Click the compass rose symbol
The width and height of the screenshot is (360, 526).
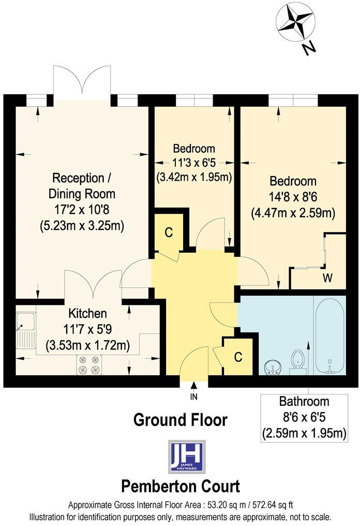296,23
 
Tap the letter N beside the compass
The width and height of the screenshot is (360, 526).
309,49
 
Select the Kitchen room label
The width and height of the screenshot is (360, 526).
87,314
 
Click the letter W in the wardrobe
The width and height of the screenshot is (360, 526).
327,279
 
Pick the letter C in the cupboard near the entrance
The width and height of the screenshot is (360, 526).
238,357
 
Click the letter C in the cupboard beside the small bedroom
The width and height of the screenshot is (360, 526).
168,232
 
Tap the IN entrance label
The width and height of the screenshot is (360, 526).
194,397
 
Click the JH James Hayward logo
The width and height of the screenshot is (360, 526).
187,456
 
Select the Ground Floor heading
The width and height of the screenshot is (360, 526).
180,419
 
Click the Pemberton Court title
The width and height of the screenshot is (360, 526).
181,487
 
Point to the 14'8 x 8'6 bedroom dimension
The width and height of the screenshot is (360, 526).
293,197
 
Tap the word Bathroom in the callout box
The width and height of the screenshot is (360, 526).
304,401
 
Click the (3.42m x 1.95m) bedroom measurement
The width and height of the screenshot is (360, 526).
193,177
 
